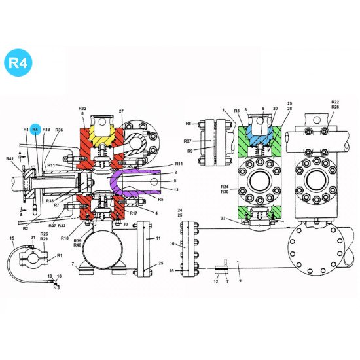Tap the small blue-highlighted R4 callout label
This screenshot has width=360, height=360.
36,130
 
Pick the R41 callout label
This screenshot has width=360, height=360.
10,159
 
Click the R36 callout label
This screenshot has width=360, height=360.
59,130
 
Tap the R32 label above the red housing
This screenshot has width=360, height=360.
82,108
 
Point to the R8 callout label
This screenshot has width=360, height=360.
188,123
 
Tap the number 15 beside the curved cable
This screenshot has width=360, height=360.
11,238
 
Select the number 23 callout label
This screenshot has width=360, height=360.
224,219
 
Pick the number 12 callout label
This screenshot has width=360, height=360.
216,281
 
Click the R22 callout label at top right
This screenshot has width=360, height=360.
335,102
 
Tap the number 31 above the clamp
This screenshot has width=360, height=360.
33,238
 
